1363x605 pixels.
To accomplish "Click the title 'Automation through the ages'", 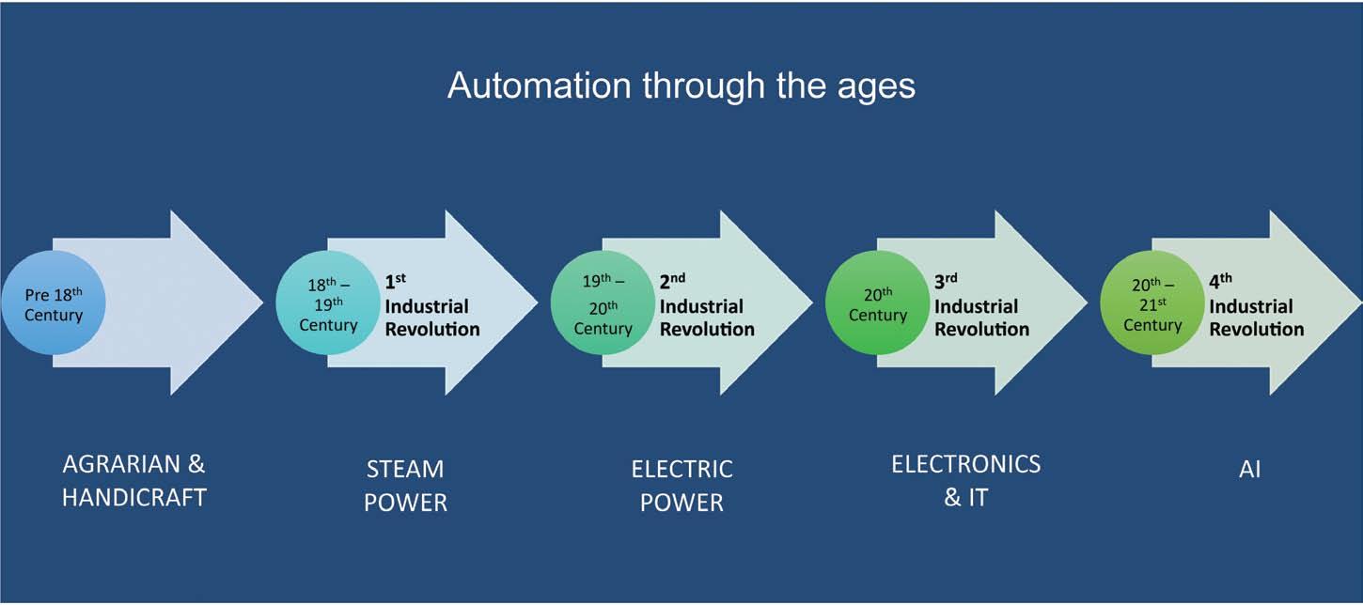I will pyautogui.click(x=681, y=85).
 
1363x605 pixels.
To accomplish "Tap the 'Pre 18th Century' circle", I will pyautogui.click(x=54, y=303).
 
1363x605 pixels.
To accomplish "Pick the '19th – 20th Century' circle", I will pyautogui.click(x=603, y=303).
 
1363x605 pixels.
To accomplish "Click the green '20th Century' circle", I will pyautogui.click(x=877, y=303).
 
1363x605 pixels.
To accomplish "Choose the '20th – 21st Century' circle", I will pyautogui.click(x=1152, y=303).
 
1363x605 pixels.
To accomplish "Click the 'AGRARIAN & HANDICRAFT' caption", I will pyautogui.click(x=133, y=480).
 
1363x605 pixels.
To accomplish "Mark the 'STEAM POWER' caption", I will pyautogui.click(x=405, y=485).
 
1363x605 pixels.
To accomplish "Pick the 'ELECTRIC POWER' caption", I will pyautogui.click(x=681, y=485).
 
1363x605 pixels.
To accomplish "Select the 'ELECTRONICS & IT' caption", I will pyautogui.click(x=965, y=480).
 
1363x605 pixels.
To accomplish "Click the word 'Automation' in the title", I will pyautogui.click(x=539, y=85).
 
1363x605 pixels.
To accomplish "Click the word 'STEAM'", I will pyautogui.click(x=405, y=469).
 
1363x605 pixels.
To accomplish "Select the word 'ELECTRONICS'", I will pyautogui.click(x=965, y=464).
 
